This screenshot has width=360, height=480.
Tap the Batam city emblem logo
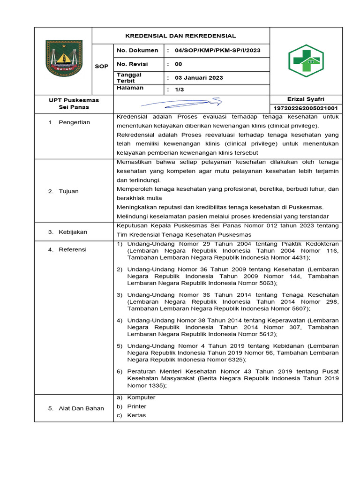[x=63, y=59]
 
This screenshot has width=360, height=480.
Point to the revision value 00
[x=178, y=64]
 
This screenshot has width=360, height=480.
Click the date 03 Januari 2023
[x=199, y=78]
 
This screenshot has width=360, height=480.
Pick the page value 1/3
[x=180, y=89]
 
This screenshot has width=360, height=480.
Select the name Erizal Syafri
[x=306, y=99]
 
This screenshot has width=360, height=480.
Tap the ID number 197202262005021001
[x=306, y=108]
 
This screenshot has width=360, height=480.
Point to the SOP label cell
[x=102, y=67]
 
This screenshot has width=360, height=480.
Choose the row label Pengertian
[x=74, y=122]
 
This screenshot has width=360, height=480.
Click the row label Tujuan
[x=68, y=191]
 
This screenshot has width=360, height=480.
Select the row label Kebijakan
[x=73, y=232]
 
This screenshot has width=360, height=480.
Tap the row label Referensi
[x=73, y=250]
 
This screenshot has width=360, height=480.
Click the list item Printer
[x=136, y=406]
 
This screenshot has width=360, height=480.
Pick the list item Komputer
[x=141, y=397]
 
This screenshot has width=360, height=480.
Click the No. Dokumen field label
[x=137, y=50]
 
